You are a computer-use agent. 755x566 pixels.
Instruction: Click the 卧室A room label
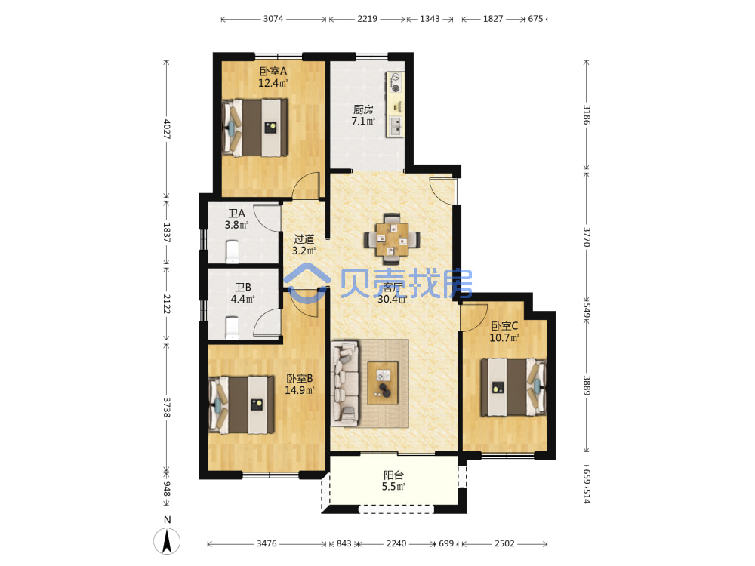[273, 71]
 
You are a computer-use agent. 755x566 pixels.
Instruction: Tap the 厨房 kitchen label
[363, 109]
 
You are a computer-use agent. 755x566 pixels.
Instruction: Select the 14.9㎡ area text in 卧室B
[300, 390]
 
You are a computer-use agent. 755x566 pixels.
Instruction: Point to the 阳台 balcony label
[393, 475]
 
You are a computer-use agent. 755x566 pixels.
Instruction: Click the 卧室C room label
[504, 326]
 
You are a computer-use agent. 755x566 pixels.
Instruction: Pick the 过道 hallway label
[304, 239]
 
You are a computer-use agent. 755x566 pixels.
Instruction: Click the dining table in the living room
[391, 238]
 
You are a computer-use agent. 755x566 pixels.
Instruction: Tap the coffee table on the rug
[383, 383]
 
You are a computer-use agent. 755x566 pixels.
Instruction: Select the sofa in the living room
[345, 383]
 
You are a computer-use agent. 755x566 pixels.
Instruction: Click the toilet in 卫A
[232, 252]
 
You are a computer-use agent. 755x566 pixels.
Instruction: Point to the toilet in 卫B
[232, 328]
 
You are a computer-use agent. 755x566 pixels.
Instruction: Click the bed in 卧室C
[513, 387]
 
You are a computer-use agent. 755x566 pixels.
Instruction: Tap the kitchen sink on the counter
[396, 125]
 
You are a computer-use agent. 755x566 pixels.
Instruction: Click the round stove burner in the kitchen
[396, 88]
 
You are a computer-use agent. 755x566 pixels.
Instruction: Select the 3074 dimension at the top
[273, 19]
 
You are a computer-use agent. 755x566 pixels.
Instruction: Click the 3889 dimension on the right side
[587, 386]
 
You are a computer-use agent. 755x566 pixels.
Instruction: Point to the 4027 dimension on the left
[167, 129]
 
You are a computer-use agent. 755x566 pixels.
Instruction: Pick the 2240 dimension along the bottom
[396, 543]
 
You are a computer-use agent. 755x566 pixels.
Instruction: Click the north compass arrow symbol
[167, 541]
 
